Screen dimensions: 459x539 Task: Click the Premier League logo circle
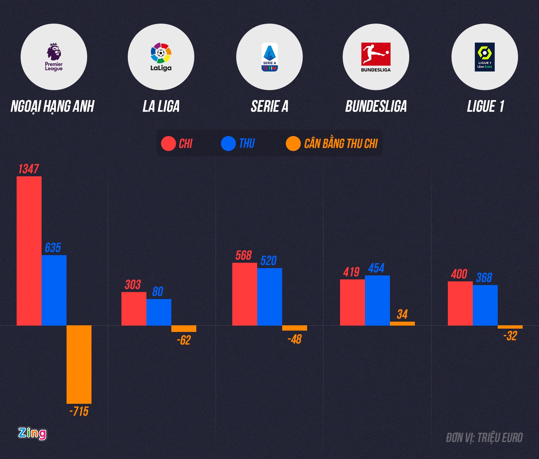[54, 57]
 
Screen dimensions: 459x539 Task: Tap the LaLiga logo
[161, 57]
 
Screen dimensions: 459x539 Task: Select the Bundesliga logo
[376, 57]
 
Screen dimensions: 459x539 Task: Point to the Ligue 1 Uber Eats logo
[485, 57]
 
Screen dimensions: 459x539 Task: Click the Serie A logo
[269, 57]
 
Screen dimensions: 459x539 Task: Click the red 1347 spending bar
[29, 251]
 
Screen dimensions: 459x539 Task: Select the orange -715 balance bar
[79, 364]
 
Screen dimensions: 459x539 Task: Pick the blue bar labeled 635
[54, 290]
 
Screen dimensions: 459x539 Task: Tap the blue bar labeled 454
[377, 300]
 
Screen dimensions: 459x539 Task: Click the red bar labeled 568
[245, 294]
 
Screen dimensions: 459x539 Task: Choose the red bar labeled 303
[134, 309]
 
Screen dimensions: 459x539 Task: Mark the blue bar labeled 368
[485, 305]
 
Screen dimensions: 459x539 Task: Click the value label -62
[184, 340]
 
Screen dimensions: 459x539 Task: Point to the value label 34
[402, 314]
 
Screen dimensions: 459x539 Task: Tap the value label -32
[510, 336]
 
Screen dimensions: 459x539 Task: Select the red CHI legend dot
[168, 144]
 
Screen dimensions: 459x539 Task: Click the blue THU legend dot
[228, 144]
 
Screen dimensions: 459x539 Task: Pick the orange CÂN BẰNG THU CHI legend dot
[293, 144]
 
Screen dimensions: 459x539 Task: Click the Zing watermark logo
[32, 433]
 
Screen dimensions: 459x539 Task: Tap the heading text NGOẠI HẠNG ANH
[53, 106]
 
